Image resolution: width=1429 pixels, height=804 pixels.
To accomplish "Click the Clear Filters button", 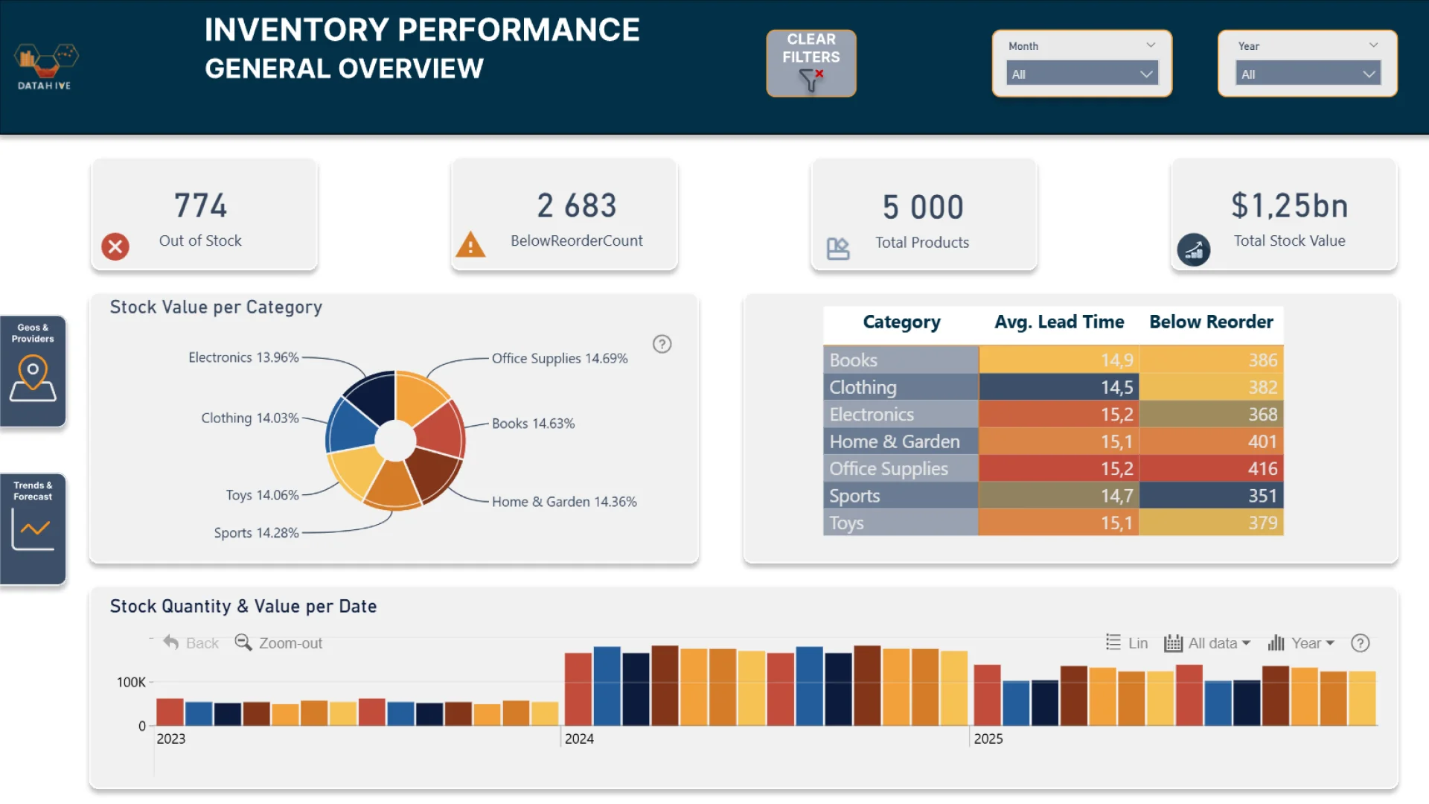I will (x=811, y=63).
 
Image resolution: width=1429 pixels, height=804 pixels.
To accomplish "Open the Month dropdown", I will (x=1081, y=74).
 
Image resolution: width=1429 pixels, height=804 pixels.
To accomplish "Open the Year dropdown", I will (x=1307, y=74).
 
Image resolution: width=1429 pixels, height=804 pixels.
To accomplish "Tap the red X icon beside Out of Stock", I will (x=115, y=246).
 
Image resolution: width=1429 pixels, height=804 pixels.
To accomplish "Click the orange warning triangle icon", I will (x=470, y=245).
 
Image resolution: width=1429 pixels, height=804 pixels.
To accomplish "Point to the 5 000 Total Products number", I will (x=923, y=207).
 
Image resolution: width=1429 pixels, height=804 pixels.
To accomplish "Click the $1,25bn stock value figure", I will (x=1289, y=205).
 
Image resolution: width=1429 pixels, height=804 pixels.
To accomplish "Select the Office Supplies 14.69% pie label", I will (x=560, y=358).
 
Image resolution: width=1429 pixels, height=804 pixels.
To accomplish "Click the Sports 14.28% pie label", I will (x=256, y=533).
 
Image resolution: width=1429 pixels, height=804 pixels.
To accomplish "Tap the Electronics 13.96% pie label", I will (x=243, y=357).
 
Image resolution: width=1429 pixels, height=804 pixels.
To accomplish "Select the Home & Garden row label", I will (x=895, y=441).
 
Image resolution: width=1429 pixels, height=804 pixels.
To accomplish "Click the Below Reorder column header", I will (x=1211, y=322).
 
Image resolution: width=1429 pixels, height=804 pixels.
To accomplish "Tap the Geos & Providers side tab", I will (x=33, y=371).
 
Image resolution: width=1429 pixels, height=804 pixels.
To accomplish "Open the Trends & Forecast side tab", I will (x=33, y=529).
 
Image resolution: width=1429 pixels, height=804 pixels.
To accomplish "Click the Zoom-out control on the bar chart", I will (x=279, y=642).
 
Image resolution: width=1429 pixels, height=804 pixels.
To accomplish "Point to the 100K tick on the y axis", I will (x=131, y=682).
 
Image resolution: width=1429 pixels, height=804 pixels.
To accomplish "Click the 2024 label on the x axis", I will (x=579, y=738).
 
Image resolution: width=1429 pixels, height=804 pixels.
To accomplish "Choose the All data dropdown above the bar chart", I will (x=1207, y=643).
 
